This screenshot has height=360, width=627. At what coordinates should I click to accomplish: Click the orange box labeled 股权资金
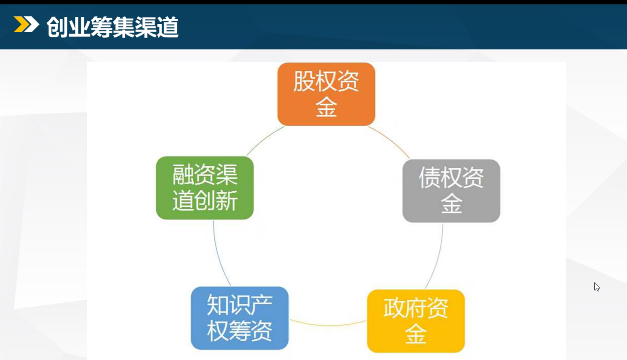[x=326, y=94]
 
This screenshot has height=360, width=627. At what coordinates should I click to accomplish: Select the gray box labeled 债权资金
[x=451, y=191]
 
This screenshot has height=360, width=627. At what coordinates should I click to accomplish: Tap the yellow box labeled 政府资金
[x=416, y=321]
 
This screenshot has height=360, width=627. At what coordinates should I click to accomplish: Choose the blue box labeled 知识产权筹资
[x=240, y=318]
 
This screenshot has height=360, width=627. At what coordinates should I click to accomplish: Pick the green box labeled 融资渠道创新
[x=205, y=188]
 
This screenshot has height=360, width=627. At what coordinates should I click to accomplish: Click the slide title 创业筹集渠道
[x=113, y=27]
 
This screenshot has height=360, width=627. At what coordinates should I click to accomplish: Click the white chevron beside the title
[x=31, y=24]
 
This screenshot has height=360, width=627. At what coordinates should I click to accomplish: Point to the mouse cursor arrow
[x=597, y=287]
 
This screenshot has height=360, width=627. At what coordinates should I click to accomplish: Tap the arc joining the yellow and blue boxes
[x=328, y=325]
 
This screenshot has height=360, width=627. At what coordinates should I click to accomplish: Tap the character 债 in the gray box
[x=429, y=177]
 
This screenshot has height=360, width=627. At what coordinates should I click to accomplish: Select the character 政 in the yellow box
[x=394, y=308]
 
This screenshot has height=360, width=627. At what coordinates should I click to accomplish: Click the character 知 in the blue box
[x=218, y=305]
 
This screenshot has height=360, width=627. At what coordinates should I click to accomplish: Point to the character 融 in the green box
[x=183, y=175]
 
